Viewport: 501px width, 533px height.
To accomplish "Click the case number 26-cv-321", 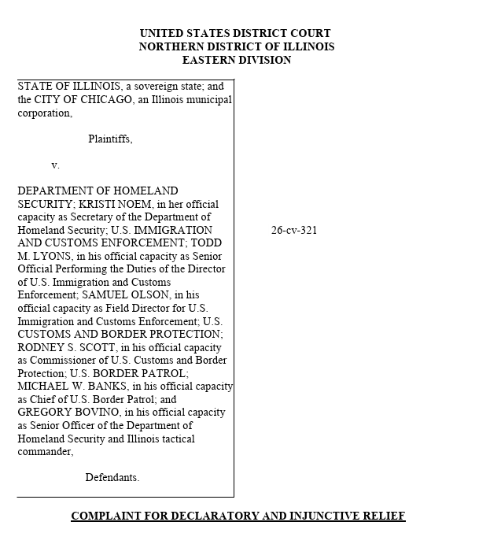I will click(294, 231).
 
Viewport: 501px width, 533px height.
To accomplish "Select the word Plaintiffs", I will click(110, 139).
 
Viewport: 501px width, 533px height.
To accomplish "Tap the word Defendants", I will click(112, 477).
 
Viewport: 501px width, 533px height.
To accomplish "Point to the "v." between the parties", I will click(56, 165).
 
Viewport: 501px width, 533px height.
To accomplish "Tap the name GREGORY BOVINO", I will click(61, 413).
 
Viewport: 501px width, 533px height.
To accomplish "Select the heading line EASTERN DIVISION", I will click(237, 60).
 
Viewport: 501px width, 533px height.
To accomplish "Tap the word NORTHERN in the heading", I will click(172, 46).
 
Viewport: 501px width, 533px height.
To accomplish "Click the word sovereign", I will click(143, 87).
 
